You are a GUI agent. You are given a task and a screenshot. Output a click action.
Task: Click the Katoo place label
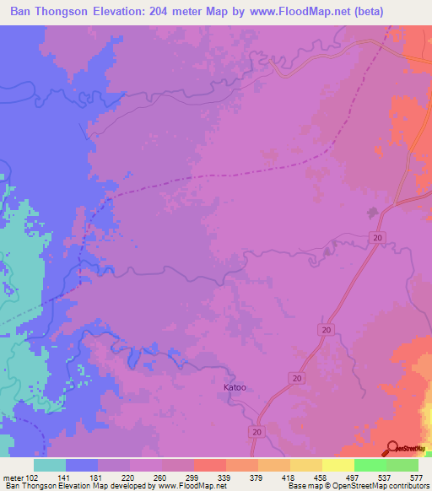[235, 388]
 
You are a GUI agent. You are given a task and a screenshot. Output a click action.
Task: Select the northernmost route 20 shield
[377, 240]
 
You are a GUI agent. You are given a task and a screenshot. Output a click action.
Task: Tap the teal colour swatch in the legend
[50, 465]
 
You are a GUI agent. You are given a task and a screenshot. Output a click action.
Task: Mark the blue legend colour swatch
[82, 465]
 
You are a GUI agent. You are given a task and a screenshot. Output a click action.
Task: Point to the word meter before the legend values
[14, 477]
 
